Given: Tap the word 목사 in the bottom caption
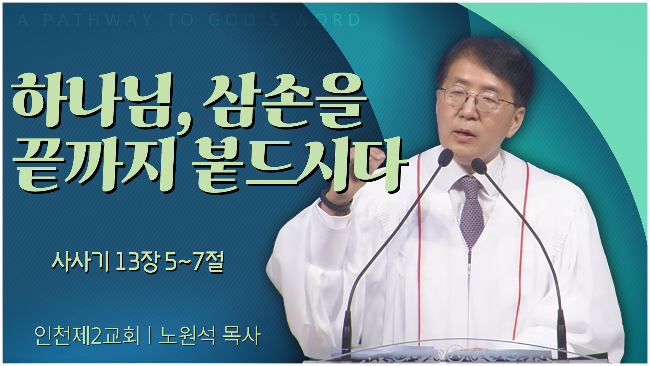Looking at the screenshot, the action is click(x=241, y=336).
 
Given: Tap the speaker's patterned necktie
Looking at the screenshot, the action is click(x=471, y=207).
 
